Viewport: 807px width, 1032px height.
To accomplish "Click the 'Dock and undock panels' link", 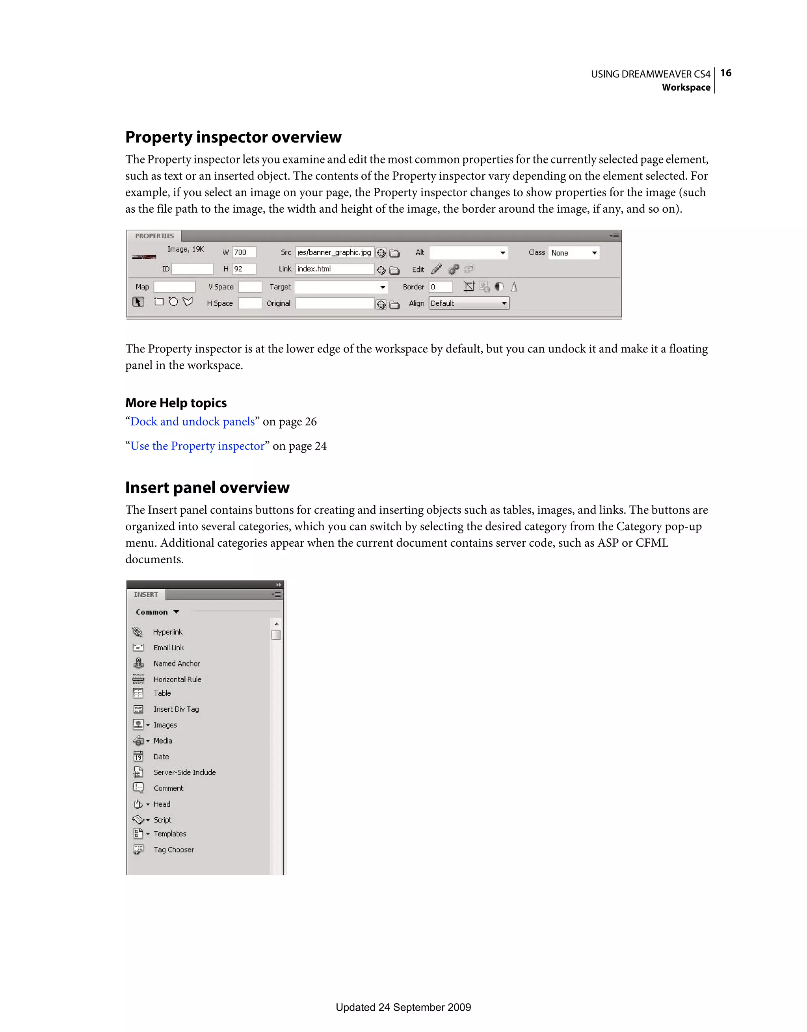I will (192, 421).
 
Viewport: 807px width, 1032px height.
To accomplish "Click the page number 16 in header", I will (726, 73).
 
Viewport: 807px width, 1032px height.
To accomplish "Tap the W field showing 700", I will (244, 252).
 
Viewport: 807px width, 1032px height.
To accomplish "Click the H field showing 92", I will (244, 269).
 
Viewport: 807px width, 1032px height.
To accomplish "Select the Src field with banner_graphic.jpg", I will (334, 252).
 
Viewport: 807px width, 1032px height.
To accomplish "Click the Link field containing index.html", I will (334, 269).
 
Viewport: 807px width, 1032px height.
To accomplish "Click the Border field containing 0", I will (441, 287).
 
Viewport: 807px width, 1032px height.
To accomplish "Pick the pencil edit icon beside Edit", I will (436, 269).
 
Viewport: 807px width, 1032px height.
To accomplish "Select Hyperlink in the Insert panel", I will (167, 632).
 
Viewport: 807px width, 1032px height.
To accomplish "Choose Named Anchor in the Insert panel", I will (177, 663).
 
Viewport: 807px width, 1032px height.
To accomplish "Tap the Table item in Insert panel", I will (162, 693).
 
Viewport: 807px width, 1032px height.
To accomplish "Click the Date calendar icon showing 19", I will (138, 757).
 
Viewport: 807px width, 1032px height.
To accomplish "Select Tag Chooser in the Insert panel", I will (173, 850).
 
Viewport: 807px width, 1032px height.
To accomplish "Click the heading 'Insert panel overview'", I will (207, 487).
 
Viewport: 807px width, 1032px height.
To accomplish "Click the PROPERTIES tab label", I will (154, 236).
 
